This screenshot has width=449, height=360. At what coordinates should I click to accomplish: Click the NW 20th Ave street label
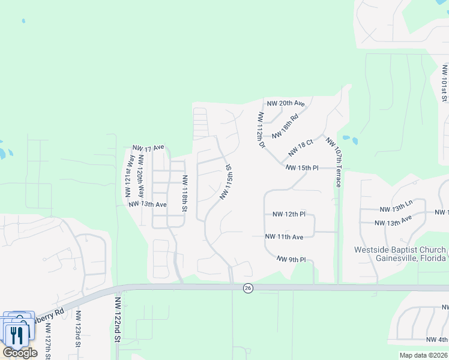[286, 103]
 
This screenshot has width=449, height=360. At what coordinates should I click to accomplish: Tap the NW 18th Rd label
[285, 127]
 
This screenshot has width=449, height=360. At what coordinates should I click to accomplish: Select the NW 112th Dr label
[261, 130]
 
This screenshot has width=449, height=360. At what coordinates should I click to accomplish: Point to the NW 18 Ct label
[301, 148]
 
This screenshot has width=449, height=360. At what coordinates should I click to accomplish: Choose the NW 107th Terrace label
[334, 161]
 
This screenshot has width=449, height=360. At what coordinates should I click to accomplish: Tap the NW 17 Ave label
[148, 148]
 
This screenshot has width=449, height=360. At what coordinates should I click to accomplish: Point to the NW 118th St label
[185, 193]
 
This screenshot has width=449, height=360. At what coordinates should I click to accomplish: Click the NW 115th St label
[226, 182]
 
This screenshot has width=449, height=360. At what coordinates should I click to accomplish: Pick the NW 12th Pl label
[289, 214]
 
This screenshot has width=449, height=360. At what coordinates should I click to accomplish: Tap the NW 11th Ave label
[285, 237]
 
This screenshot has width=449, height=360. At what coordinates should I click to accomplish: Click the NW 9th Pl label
[292, 259]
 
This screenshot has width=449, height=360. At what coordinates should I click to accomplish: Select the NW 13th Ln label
[396, 207]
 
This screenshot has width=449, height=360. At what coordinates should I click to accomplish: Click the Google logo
[20, 353]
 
